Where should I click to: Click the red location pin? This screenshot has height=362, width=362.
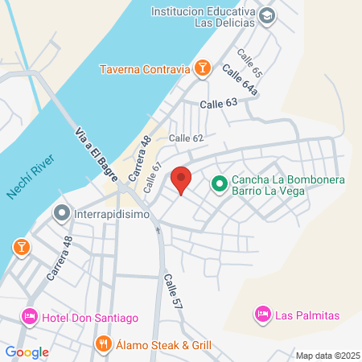click(182, 180)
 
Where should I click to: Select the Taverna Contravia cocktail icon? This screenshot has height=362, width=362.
click(203, 68)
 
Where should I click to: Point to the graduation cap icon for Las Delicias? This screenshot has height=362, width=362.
click(268, 16)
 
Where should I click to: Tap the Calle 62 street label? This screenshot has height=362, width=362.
click(187, 138)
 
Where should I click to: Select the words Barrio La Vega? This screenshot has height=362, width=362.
click(278, 193)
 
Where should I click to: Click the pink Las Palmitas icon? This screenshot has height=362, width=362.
click(262, 313)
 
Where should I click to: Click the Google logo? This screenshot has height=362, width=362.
click(27, 352)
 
